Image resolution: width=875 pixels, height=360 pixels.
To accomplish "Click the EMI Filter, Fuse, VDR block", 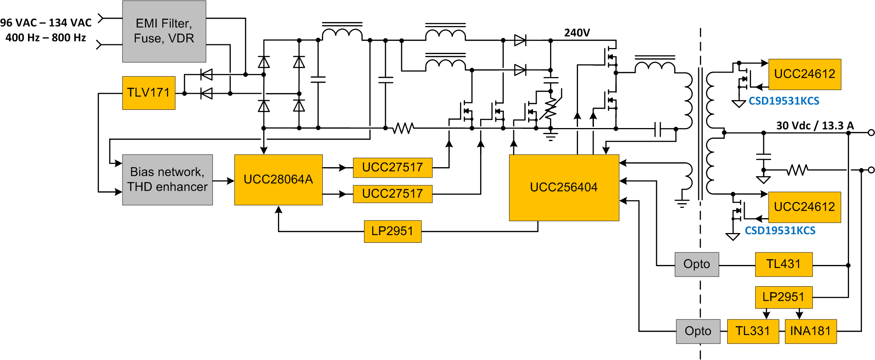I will (164, 31).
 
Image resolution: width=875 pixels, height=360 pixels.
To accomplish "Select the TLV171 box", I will (149, 93).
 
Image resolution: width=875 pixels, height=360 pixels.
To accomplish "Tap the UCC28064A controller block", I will (278, 179).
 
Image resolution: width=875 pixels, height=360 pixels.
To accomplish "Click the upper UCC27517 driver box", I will (392, 168).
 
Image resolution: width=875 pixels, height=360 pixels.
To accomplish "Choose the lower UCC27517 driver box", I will (392, 194).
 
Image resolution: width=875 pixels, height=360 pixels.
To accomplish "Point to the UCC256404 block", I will (563, 187).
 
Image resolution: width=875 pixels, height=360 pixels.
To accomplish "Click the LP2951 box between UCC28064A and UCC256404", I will (392, 231).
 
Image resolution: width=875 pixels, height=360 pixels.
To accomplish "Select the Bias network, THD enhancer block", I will (167, 179).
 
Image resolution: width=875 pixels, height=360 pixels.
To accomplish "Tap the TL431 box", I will (783, 264).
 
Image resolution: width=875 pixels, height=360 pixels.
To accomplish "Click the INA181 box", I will (810, 331).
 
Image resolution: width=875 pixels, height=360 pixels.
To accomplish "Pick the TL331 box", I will (753, 331).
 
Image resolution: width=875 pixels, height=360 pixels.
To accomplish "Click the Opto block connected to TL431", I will (696, 264).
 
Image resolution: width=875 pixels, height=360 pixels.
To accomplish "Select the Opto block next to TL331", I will (698, 331).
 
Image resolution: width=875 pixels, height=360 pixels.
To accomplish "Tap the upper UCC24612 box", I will (804, 74).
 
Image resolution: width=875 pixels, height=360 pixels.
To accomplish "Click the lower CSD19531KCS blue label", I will (780, 231).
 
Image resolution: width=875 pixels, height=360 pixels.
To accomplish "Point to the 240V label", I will (577, 33).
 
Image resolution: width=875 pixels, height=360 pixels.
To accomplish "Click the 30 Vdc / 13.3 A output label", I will (815, 126).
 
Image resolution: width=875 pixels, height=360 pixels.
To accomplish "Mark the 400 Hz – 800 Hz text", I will (46, 38).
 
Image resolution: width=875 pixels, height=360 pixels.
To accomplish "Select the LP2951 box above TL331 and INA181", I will (783, 297).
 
